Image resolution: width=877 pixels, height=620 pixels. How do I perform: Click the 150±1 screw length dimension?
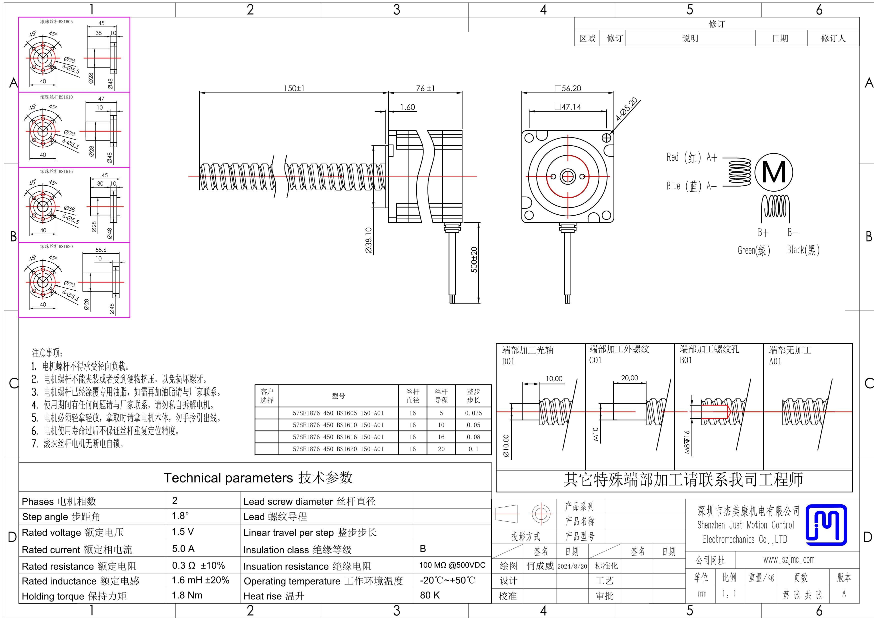point(294,88)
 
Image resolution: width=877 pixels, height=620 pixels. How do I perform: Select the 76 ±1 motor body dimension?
point(425,88)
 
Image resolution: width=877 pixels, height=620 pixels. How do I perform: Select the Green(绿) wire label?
point(753,250)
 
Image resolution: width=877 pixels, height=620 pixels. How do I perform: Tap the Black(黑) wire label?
point(803,250)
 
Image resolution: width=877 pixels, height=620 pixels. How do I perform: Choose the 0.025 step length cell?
point(473,413)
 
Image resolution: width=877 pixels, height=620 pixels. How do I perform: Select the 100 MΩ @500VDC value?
point(452,565)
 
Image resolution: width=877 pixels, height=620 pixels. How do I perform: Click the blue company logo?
point(826,524)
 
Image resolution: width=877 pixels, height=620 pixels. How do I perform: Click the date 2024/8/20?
point(572,566)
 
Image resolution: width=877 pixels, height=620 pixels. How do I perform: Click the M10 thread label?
point(596,434)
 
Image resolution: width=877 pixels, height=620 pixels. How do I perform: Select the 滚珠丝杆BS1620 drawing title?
point(56,246)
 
